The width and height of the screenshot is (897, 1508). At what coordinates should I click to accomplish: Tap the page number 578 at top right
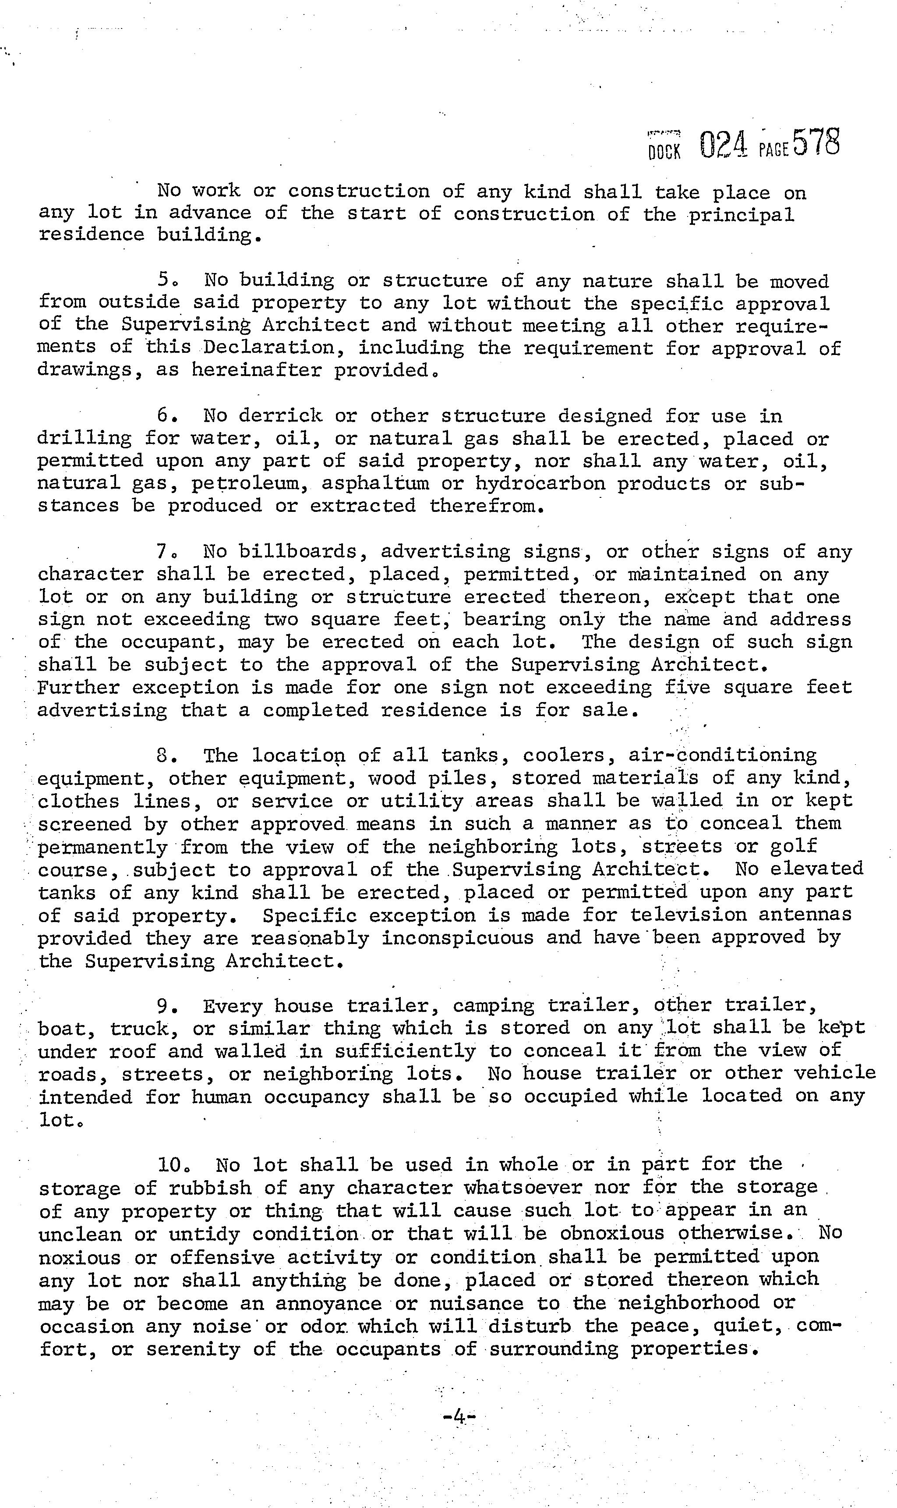point(816,143)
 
